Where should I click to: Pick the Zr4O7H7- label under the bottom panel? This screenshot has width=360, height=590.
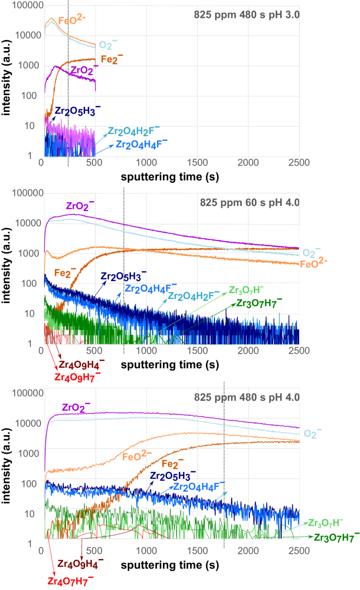pyautogui.click(x=71, y=580)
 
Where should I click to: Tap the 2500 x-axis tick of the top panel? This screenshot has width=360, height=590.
pyautogui.click(x=298, y=163)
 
